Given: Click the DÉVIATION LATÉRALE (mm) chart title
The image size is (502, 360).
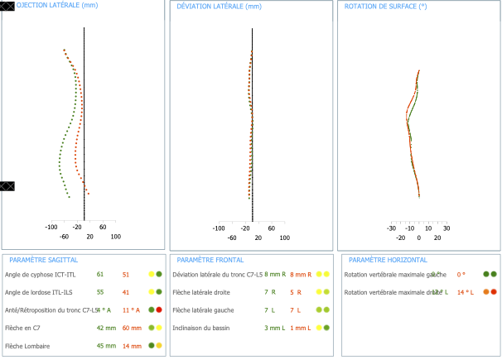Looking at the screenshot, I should click(x=219, y=6).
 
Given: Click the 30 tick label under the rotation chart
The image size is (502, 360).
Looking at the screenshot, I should click(x=446, y=228).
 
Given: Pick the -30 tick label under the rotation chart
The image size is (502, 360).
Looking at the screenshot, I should click(x=391, y=228).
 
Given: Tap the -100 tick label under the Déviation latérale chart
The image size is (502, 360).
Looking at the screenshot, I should click(x=220, y=228).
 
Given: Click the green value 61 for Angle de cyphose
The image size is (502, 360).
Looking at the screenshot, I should click(x=100, y=274).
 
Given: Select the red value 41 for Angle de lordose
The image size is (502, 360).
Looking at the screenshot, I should click(x=126, y=292).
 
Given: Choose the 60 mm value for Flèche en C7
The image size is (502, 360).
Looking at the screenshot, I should click(x=131, y=328).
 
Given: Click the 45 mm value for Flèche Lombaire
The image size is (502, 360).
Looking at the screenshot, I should click(x=105, y=346).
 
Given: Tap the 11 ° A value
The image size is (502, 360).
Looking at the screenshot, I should click(x=131, y=310).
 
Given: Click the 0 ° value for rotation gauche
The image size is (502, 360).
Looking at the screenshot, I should click(x=461, y=274).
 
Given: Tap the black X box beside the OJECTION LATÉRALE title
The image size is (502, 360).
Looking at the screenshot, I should click(x=7, y=6).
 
